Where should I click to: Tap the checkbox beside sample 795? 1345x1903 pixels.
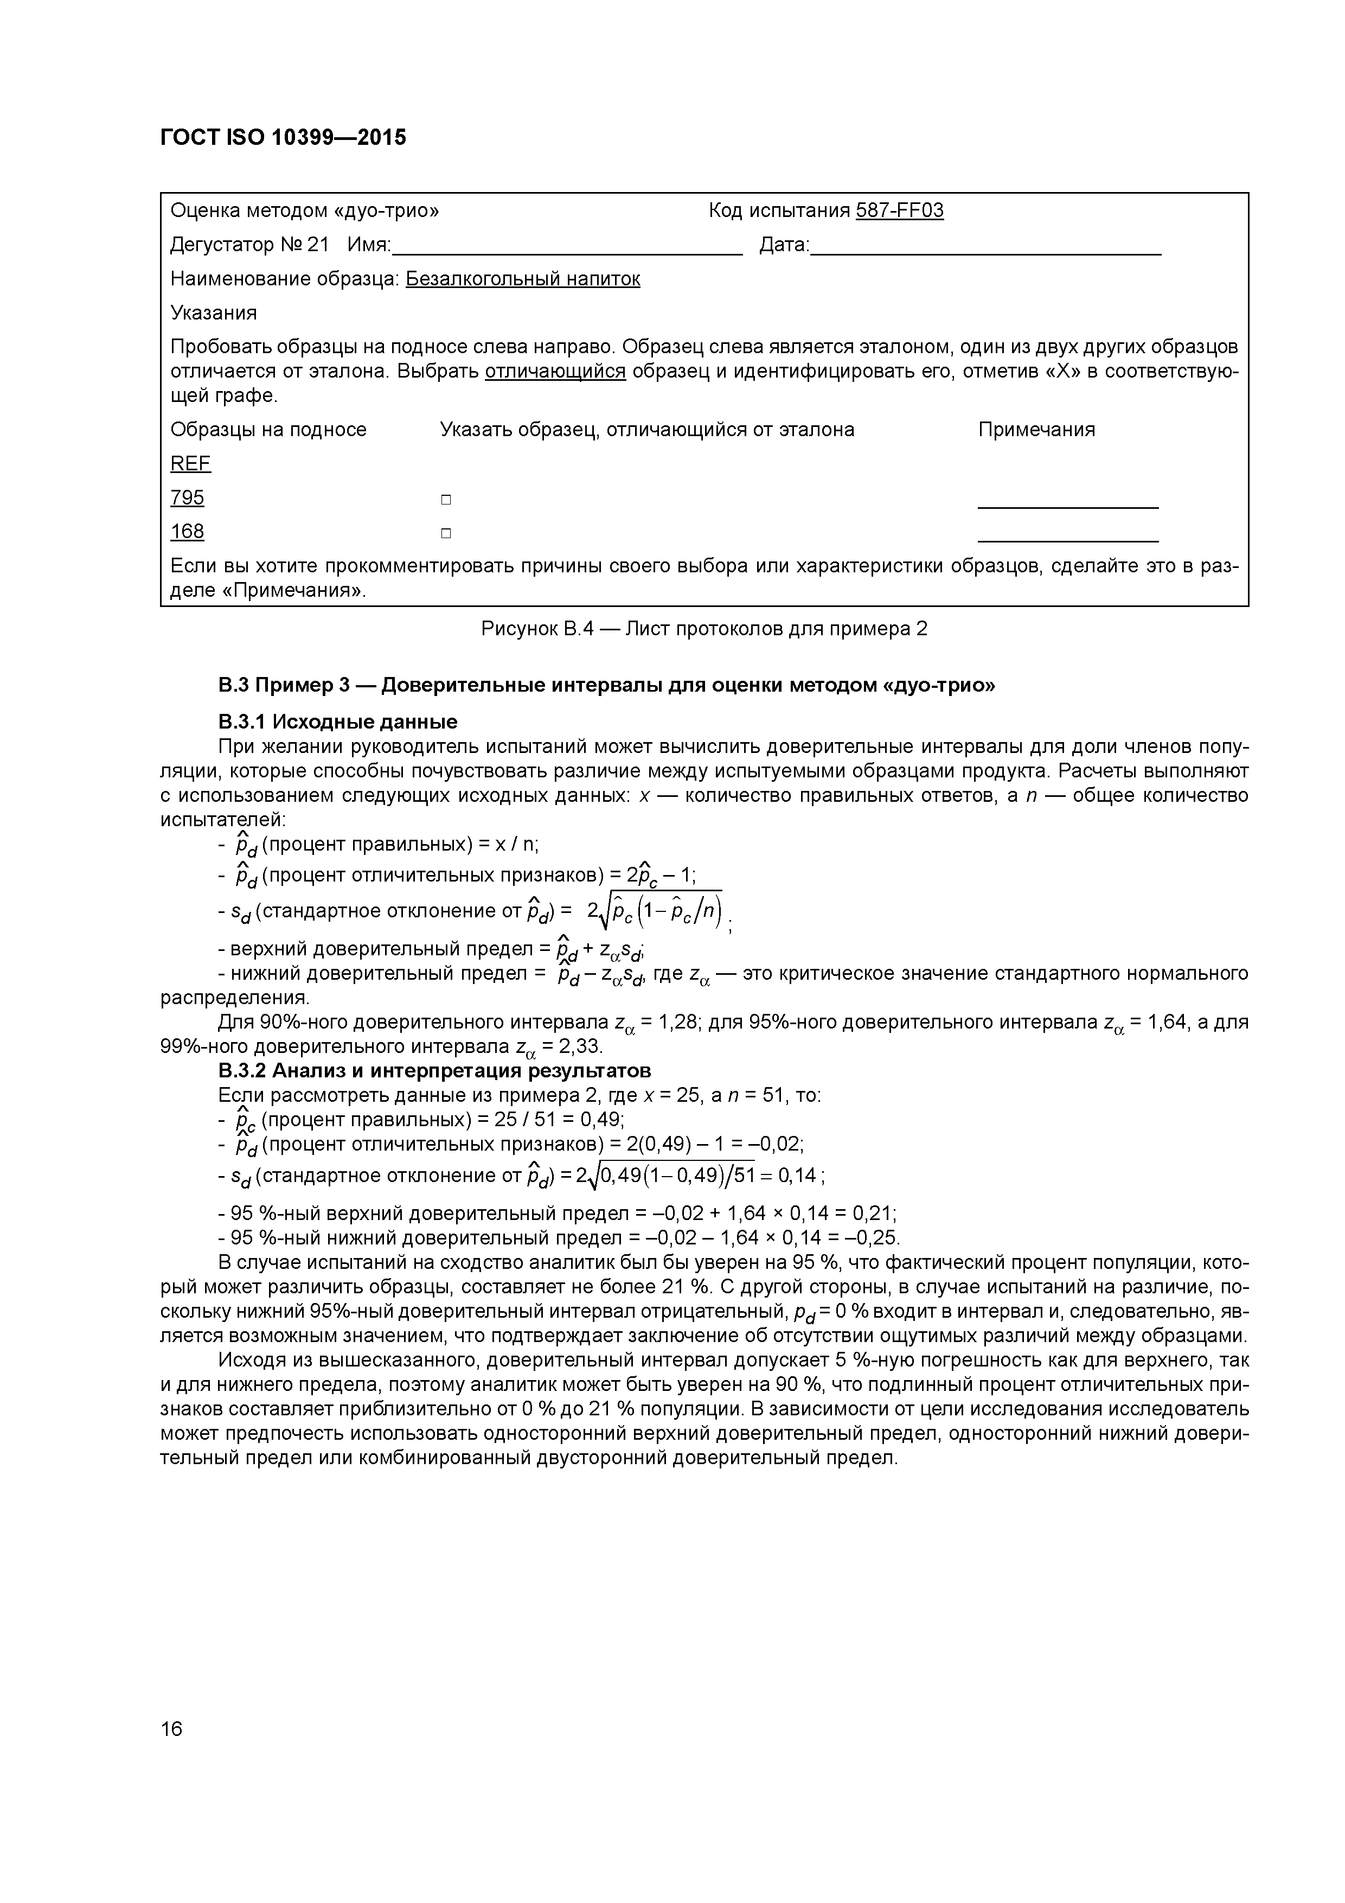pos(446,500)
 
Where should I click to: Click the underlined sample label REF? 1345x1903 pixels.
pos(190,463)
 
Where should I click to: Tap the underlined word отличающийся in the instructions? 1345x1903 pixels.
pos(555,371)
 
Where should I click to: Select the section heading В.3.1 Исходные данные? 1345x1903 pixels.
pos(338,721)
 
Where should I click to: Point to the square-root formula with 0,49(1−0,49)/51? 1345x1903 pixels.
pos(680,1176)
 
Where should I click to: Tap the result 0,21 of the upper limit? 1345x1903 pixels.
pos(877,1214)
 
